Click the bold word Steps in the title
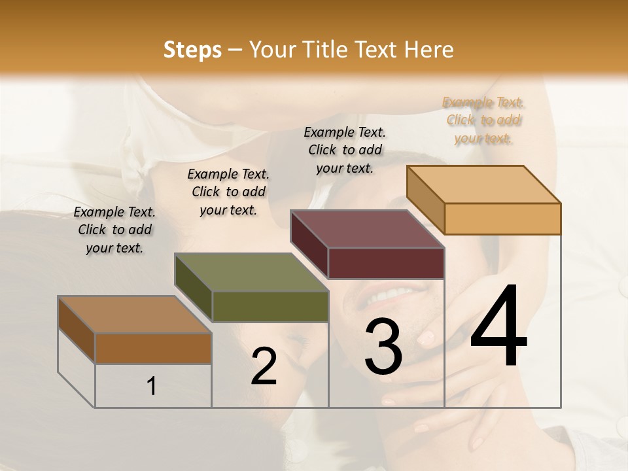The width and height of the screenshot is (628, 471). [x=192, y=50]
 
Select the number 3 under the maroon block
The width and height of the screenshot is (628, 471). [x=383, y=347]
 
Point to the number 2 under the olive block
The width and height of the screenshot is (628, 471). [x=264, y=366]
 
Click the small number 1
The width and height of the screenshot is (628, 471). [x=152, y=387]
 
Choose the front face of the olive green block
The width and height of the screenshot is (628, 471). [x=270, y=307]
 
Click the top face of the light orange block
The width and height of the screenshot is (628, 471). [x=483, y=184]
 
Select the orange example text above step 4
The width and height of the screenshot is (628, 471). [x=483, y=120]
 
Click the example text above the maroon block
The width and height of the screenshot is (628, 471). [x=345, y=150]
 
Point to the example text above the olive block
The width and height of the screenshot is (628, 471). [x=228, y=192]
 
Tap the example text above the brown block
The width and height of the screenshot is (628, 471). [x=114, y=230]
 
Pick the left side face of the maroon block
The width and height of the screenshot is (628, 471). [x=309, y=243]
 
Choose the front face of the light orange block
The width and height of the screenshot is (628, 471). [x=502, y=218]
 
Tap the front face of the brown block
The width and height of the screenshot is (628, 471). [x=153, y=348]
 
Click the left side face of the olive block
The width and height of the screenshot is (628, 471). [x=193, y=287]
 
